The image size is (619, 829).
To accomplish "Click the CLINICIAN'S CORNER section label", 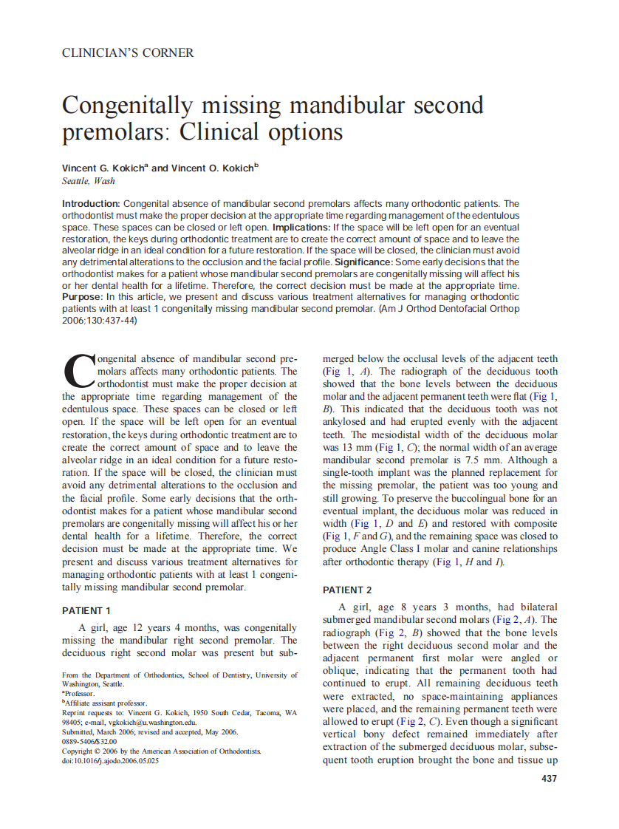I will (128, 53).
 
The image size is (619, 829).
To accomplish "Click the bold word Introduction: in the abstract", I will (91, 203).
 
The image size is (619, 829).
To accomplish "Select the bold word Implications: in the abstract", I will (301, 227).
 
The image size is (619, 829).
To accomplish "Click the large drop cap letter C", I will (79, 372).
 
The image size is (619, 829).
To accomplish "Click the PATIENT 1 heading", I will (86, 611).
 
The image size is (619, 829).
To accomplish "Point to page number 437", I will (549, 778).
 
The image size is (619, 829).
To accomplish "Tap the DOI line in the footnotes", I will (111, 760).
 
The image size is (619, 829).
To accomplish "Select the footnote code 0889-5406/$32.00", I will (89, 741).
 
